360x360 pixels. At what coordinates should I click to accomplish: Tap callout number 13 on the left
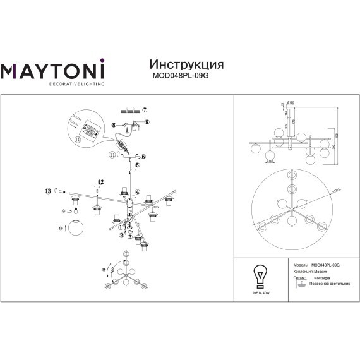click(47, 189)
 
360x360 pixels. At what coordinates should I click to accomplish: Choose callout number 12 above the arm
click(99, 183)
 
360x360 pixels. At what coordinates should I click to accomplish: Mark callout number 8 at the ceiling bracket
click(114, 125)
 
